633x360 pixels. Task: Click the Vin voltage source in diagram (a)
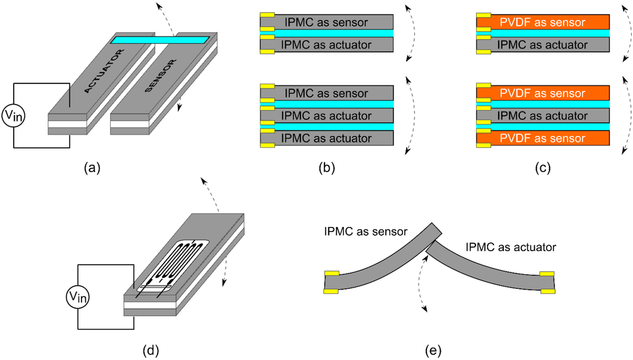point(14,116)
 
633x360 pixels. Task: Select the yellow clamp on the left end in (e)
point(333,281)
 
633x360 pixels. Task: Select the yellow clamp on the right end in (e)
point(547,282)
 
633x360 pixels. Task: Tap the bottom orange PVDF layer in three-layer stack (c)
point(543,139)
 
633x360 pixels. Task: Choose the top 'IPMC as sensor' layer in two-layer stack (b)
point(326,22)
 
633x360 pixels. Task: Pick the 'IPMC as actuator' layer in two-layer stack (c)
point(543,44)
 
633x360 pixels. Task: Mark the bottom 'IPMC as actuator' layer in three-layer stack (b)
point(326,139)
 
